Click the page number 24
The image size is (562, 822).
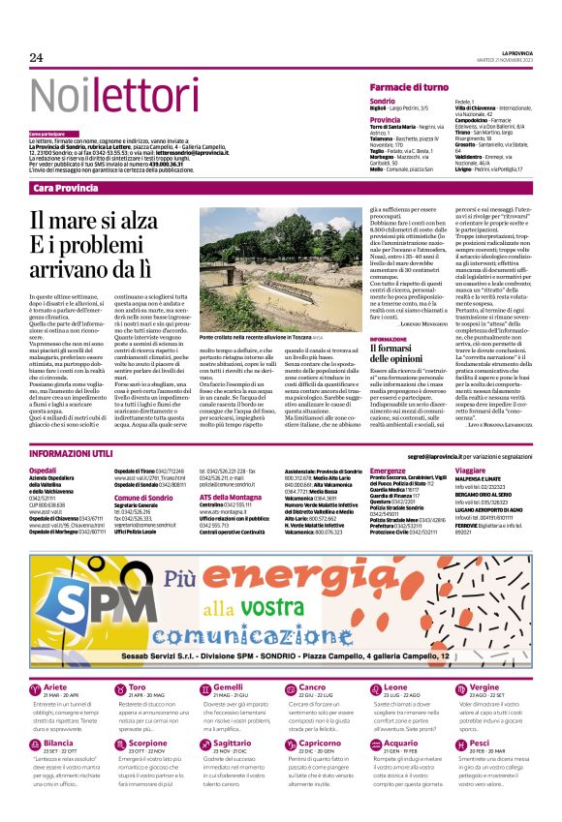coord(37,58)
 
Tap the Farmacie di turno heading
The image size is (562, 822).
coord(409,87)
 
